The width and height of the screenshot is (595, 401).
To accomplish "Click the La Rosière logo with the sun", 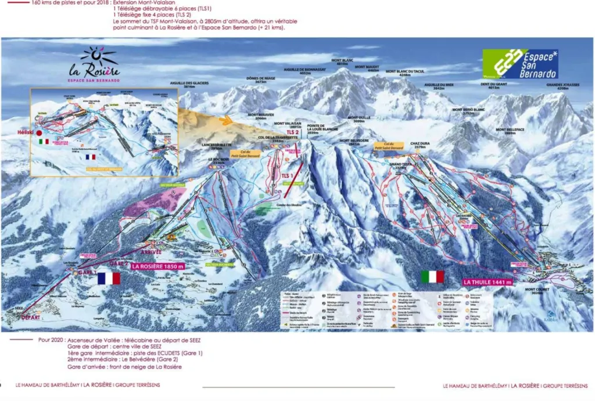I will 94,64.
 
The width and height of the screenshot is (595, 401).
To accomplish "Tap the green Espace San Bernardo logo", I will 520,64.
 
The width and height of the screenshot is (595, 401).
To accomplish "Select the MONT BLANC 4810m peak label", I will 342,62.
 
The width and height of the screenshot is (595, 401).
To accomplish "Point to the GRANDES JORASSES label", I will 562,86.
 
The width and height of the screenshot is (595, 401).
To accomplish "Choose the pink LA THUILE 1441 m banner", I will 487,282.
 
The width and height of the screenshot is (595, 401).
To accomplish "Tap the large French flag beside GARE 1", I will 109,278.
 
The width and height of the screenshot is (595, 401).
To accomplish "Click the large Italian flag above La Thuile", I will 432,277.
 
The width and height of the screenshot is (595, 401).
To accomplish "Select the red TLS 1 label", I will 286,175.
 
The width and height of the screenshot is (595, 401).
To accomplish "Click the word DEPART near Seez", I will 31,317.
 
